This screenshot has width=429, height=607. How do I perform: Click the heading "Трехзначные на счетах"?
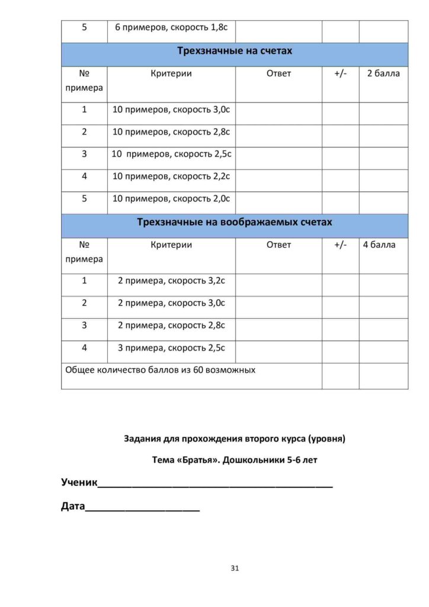pos(235,51)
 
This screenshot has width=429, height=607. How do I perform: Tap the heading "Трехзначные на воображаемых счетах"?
pos(235,222)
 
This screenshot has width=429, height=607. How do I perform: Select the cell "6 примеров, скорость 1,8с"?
pos(171,28)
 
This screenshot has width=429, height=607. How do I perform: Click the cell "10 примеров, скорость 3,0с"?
pos(171,110)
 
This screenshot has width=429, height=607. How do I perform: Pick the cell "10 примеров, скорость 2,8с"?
pos(171,132)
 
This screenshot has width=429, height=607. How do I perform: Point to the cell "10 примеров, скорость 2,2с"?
pos(171,176)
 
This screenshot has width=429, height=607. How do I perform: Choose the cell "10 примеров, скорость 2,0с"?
pos(171,199)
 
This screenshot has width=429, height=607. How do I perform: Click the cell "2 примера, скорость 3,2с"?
pos(171,281)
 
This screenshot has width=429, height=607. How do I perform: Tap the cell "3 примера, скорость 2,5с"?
pos(171,347)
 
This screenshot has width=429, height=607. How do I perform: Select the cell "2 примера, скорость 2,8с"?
pos(171,325)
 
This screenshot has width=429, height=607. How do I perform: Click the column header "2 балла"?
pos(383,74)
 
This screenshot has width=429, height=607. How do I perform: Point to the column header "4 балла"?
pos(383,245)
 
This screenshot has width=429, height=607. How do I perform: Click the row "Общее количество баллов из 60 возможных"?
pos(161,370)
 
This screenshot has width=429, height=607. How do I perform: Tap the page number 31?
pos(235,568)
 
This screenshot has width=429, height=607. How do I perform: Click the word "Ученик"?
pos(79,483)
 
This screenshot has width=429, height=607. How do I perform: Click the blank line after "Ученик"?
pos(214,484)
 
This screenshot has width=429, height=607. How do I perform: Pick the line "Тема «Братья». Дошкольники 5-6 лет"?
pos(235,460)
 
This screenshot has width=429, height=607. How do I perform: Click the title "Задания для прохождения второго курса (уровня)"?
pos(235,439)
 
